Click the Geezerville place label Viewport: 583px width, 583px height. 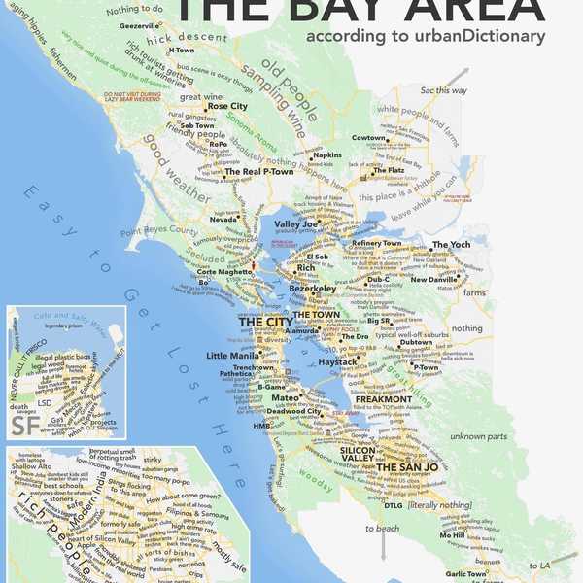pyautogui.click(x=139, y=25)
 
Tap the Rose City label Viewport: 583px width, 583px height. pyautogui.click(x=227, y=106)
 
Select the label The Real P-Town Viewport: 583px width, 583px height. pyautogui.click(x=259, y=172)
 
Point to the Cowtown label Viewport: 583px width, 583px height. pyautogui.click(x=368, y=138)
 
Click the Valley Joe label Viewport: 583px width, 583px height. pyautogui.click(x=295, y=224)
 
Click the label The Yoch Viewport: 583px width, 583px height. pyautogui.click(x=451, y=245)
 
